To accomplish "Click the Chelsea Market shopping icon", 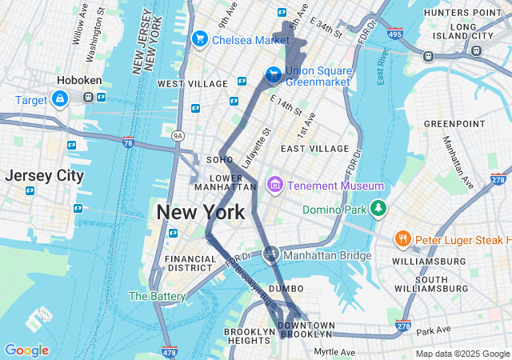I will (199, 38).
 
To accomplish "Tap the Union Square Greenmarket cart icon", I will (273, 74).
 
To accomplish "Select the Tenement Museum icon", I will (275, 186).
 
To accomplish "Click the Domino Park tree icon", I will (378, 210).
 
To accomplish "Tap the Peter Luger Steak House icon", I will (402, 239).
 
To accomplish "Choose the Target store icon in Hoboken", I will (59, 98).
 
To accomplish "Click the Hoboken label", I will (78, 80).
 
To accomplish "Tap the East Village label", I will (314, 149).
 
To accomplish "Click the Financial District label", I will (190, 264).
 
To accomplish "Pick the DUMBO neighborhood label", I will (286, 288).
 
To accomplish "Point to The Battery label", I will (157, 296).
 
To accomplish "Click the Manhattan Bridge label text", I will (328, 256).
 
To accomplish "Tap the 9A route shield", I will (178, 136).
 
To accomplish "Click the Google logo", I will (26, 350).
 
